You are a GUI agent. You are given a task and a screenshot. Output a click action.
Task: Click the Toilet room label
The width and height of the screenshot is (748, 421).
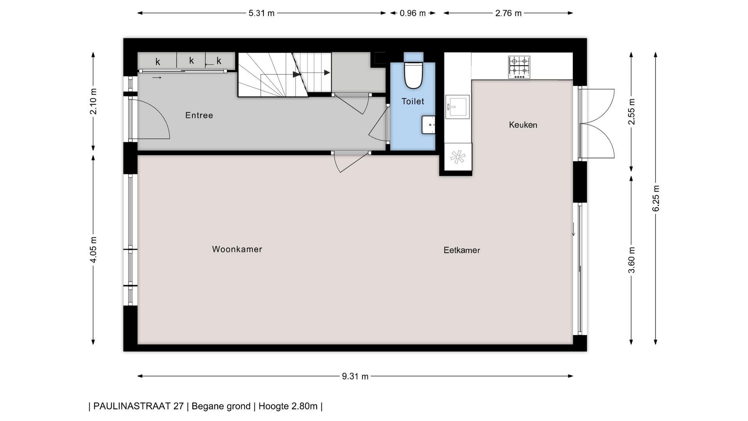point(413,101)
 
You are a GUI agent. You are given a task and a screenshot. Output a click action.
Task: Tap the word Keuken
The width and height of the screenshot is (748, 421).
point(523,125)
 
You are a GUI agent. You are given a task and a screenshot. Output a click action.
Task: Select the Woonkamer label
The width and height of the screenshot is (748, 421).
point(237,249)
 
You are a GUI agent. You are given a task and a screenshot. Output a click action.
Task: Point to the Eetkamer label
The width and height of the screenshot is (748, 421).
point(462,250)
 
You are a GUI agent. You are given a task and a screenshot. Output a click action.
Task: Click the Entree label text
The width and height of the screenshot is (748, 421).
point(199,115)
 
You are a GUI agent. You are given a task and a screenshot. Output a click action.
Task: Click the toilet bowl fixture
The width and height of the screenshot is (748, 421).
point(413,75)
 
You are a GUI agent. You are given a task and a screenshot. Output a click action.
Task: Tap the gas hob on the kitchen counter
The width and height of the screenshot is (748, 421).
point(519,67)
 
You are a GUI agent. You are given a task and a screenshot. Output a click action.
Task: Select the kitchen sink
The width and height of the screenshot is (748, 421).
point(457,106)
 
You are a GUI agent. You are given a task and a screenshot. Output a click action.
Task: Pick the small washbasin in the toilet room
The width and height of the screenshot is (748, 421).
point(428,125)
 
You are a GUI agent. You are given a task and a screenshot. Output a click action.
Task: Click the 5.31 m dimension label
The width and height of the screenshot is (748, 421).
point(261,13)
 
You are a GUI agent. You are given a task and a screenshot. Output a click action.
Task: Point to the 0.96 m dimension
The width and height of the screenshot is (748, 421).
point(413,13)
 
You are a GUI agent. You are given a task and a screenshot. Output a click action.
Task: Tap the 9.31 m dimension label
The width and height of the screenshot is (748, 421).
point(355,377)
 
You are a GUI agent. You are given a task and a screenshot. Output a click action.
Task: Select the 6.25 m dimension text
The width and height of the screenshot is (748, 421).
point(656,198)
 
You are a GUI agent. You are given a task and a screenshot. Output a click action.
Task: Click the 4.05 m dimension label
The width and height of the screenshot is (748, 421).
point(93,250)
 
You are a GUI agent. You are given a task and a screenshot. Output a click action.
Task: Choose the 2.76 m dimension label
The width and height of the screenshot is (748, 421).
point(508,13)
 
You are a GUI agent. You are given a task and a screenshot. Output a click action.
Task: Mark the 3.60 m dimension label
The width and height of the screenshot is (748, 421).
point(632,260)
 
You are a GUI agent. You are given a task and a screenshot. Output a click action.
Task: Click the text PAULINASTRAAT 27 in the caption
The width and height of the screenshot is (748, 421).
point(138,406)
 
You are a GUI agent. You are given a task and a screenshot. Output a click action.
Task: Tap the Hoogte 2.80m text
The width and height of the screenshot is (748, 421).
point(288,406)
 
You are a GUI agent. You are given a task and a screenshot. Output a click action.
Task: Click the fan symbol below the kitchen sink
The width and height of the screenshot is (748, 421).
point(458,157)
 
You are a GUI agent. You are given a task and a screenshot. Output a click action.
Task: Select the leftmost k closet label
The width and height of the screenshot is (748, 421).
point(158,62)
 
